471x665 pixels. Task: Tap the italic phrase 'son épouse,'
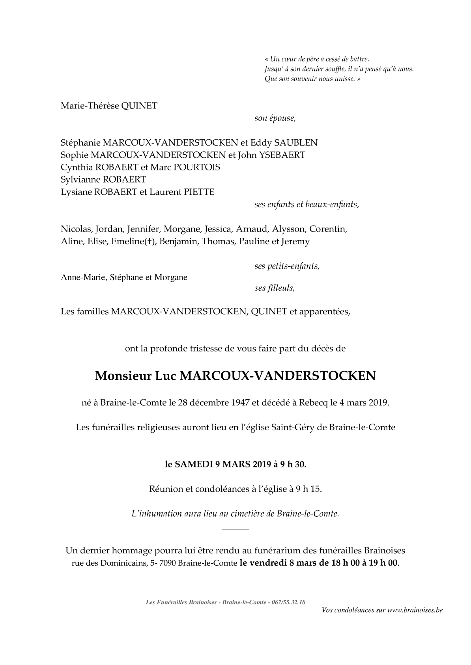[x=275, y=118]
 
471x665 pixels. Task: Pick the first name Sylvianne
[x=80, y=180]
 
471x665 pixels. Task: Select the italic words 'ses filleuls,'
[x=275, y=288]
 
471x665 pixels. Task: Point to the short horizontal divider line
[x=235, y=529]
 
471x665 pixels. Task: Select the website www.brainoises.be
[x=415, y=610]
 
